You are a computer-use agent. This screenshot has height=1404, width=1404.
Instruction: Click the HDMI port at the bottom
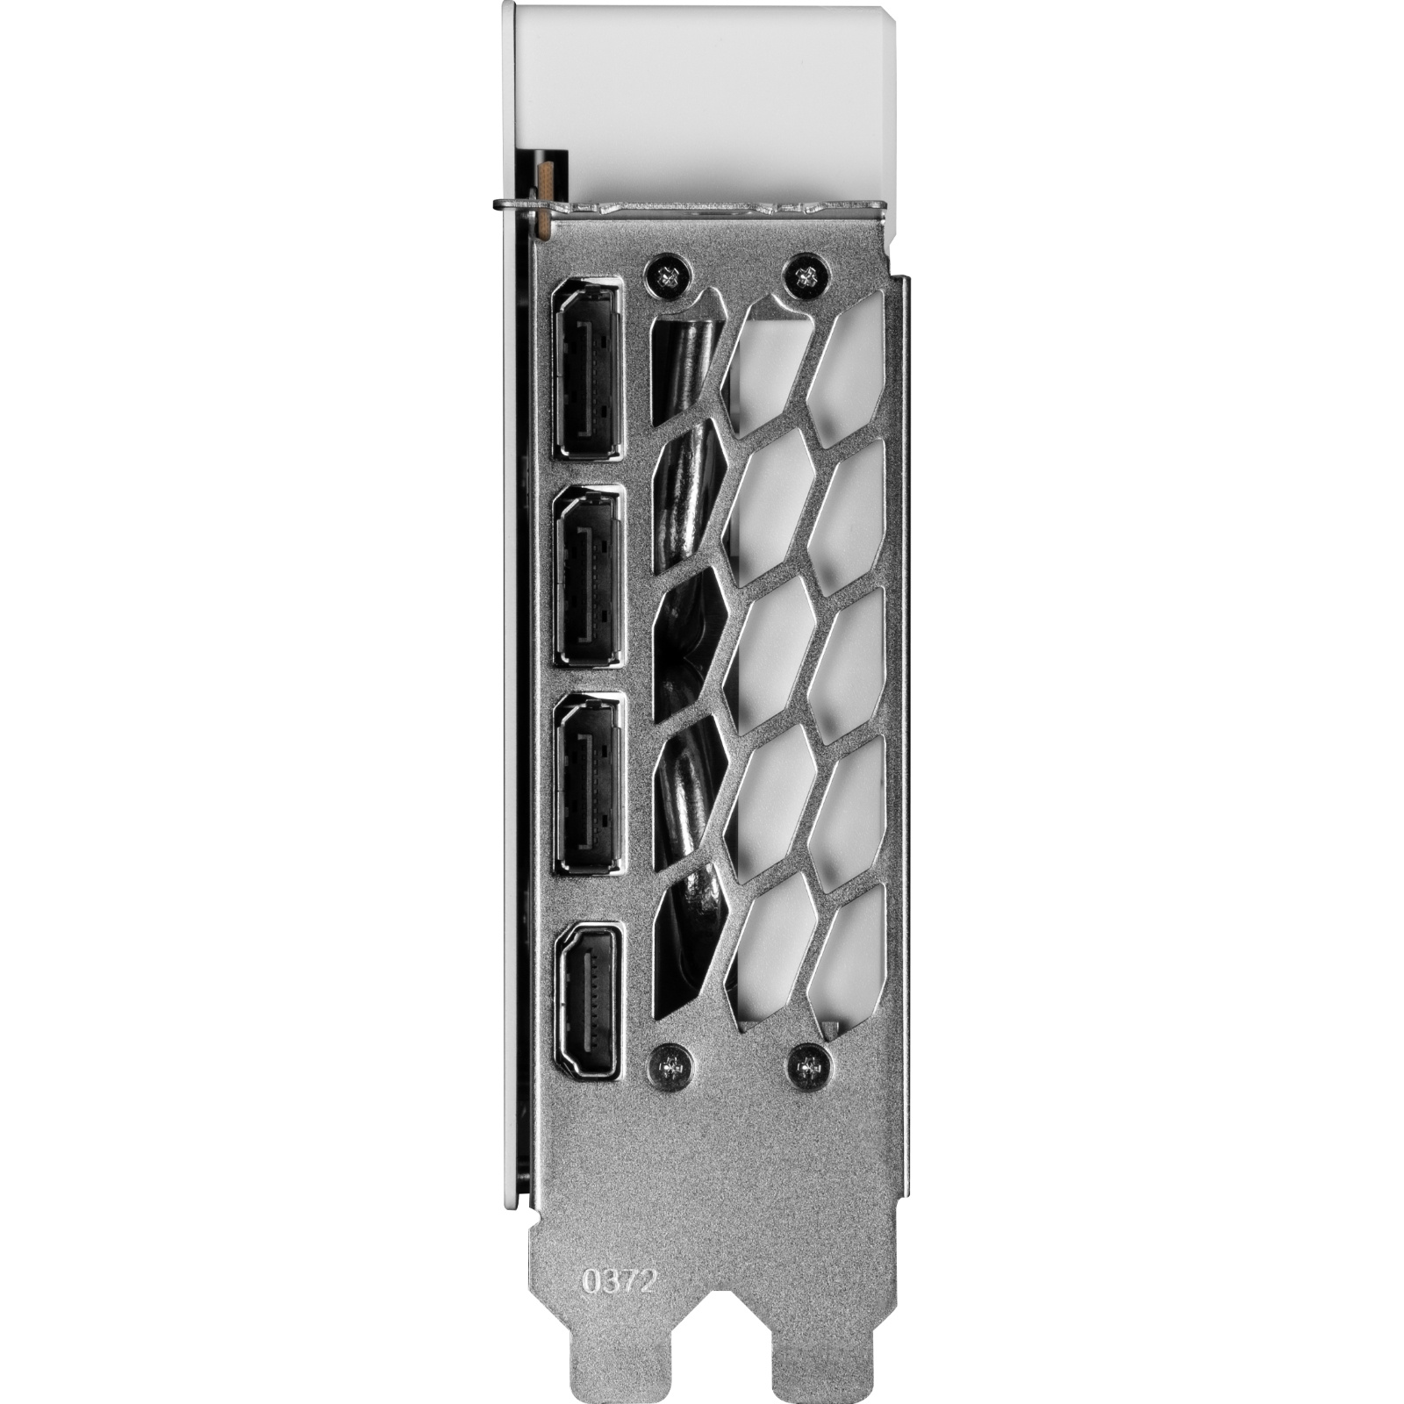[587, 999]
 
